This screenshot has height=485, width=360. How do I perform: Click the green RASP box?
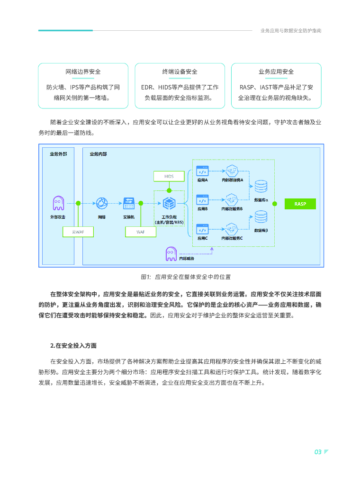(x=300, y=204)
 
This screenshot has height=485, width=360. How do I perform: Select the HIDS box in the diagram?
(x=169, y=176)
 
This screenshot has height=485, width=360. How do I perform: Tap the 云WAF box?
(x=78, y=232)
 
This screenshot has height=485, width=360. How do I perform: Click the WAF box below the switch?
(x=140, y=232)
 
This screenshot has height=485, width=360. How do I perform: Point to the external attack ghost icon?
(x=58, y=203)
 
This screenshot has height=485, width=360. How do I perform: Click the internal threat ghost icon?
(x=171, y=254)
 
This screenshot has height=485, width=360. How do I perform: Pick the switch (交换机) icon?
(x=128, y=203)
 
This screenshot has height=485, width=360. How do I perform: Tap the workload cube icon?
(x=169, y=204)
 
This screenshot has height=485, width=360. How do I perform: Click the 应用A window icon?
(x=203, y=170)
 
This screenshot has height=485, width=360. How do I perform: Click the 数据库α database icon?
(x=261, y=186)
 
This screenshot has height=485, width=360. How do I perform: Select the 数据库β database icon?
(x=261, y=216)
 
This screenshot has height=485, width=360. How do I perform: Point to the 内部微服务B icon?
(x=232, y=198)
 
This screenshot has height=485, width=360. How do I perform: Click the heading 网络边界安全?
(x=83, y=72)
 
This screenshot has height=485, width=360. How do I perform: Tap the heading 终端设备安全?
(x=180, y=72)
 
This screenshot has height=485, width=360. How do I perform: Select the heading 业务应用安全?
(x=276, y=72)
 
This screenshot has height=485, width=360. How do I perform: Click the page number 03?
(x=318, y=452)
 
